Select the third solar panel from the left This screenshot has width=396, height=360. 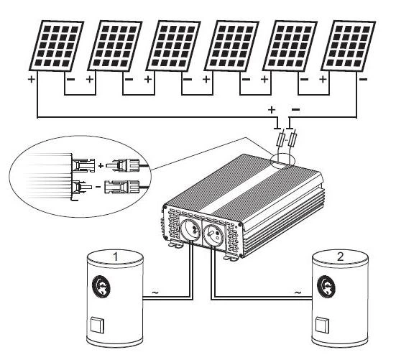click(173, 44)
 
